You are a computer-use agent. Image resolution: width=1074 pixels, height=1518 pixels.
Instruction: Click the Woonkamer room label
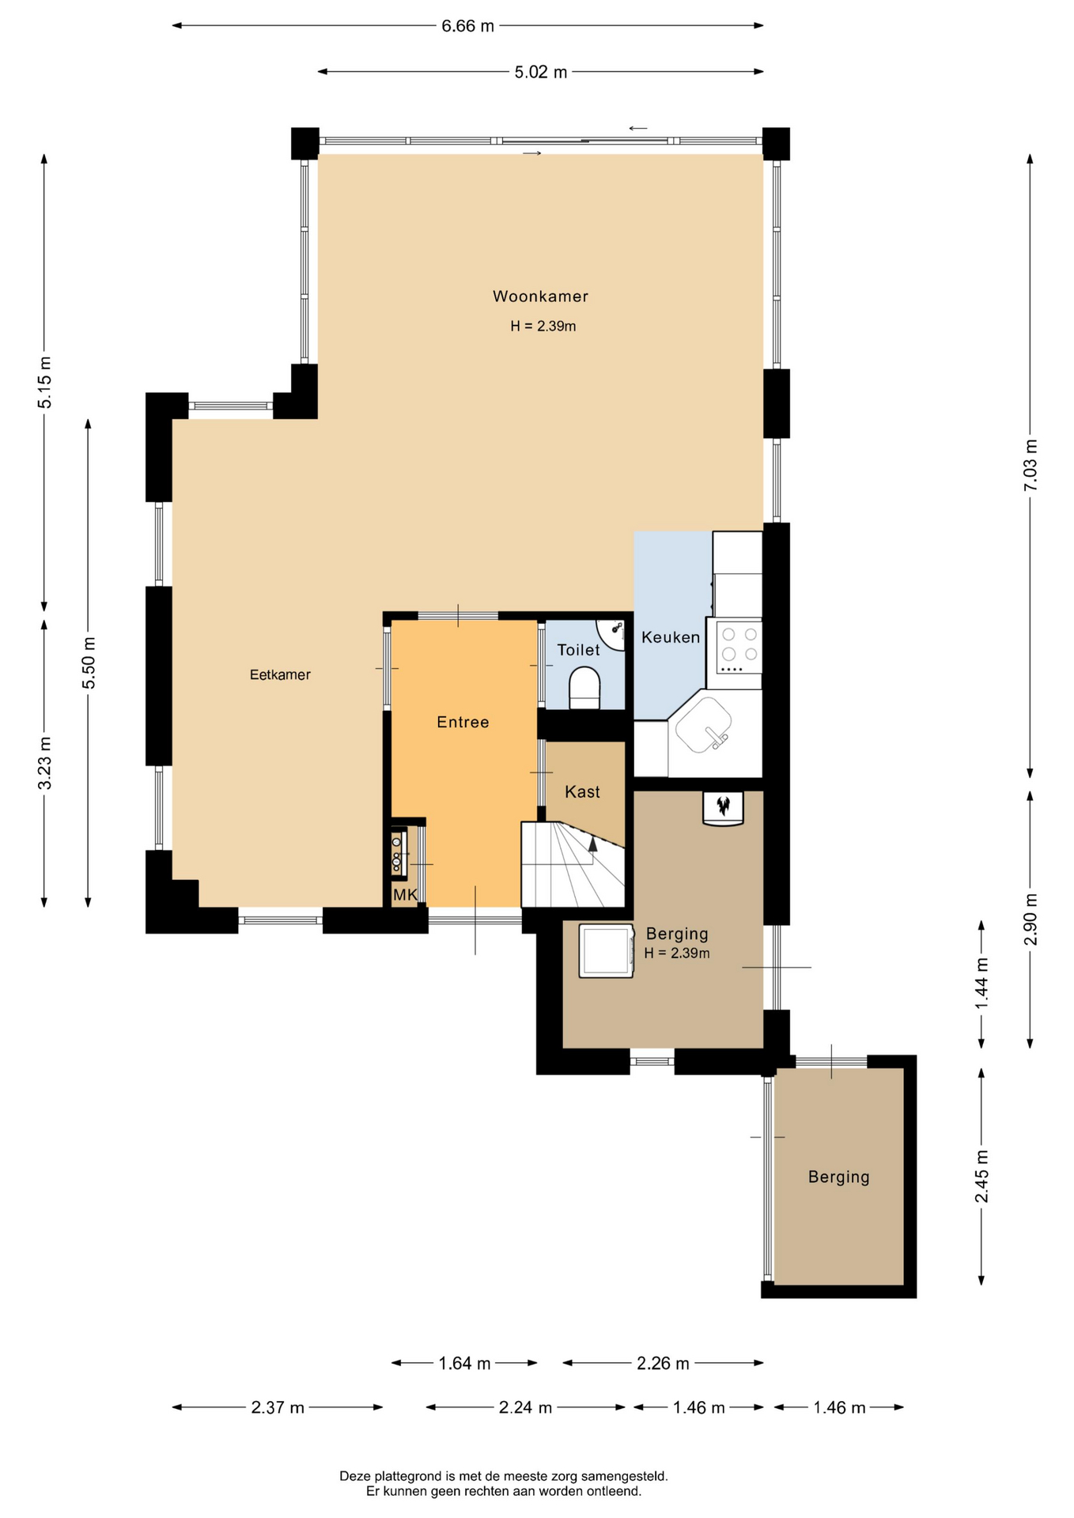[540, 296]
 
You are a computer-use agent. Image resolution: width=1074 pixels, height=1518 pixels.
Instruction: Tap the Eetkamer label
[280, 674]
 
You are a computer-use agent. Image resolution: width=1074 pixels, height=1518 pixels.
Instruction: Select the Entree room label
[463, 722]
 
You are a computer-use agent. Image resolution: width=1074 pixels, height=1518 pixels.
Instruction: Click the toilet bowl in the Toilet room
[584, 688]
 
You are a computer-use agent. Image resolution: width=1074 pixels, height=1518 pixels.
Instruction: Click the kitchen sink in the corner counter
[704, 726]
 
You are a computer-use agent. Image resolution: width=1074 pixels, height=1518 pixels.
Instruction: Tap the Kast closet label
[582, 791]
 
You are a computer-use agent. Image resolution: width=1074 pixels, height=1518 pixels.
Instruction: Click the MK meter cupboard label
[405, 895]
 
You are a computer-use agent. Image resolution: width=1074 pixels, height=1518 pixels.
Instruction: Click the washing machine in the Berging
[606, 950]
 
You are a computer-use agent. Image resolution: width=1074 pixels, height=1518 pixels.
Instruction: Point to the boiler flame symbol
[723, 806]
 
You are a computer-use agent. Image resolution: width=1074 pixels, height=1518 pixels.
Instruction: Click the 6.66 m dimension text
[467, 26]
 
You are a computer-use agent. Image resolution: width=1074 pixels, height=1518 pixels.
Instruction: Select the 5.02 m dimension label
[541, 72]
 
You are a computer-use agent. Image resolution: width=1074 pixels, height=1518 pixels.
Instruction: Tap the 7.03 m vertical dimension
[1031, 466]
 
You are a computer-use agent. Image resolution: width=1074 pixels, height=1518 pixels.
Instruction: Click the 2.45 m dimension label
[981, 1176]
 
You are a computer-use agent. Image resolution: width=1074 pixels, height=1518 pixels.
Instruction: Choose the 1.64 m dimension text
[464, 1363]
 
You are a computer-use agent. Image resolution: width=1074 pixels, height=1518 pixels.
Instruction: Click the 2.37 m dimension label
[278, 1407]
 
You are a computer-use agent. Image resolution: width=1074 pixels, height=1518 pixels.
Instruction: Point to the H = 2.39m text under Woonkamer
[543, 326]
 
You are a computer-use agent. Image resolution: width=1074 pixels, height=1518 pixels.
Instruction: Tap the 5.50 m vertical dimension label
[89, 663]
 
